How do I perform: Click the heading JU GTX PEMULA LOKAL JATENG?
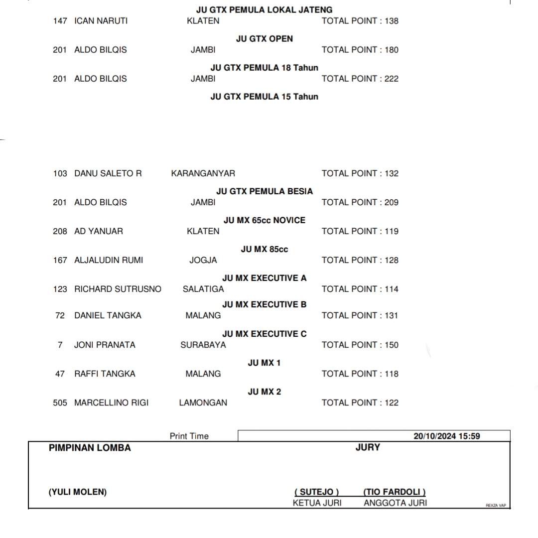coord(264,9)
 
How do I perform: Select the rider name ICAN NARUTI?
coord(101,21)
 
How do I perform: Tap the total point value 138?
coord(392,21)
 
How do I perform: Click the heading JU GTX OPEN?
coord(264,38)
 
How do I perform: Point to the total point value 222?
coord(392,79)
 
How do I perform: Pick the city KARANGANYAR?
coord(203,173)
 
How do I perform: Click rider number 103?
coord(60,173)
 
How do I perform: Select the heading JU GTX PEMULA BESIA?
coord(264,191)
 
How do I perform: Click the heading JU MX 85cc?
coord(264,249)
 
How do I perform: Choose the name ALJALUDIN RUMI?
coord(109,260)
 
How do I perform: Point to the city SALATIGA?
coord(203,289)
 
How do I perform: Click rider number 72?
coord(60,315)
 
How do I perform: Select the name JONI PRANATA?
coord(105,345)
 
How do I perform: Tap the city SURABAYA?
coord(203,345)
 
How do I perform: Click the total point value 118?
coord(392,374)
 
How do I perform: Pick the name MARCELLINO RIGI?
coord(111,403)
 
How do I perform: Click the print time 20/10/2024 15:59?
coord(446,436)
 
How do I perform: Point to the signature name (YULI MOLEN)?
coord(77,492)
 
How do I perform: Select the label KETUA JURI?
coord(317,503)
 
